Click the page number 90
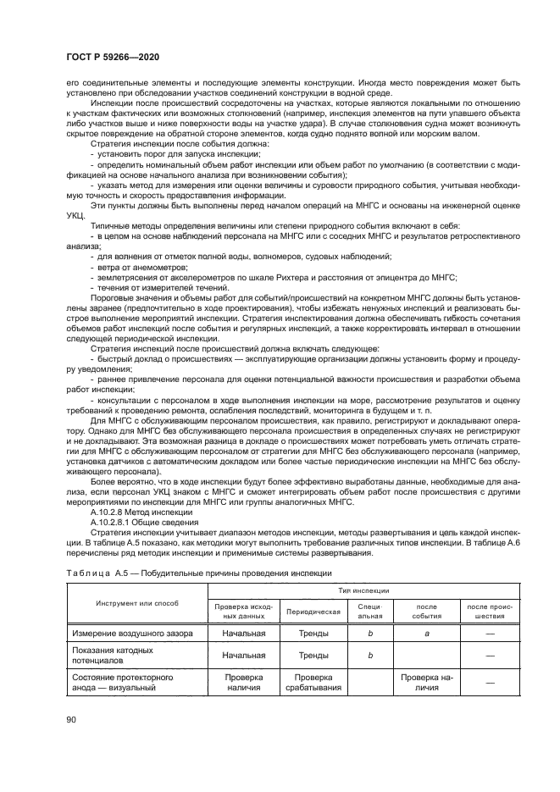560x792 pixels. pos(71,720)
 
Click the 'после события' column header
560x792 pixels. pos(426,611)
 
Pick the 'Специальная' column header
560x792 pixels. pos(370,611)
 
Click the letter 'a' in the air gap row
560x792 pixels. pos(426,634)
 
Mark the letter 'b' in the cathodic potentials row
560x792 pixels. pos(370,655)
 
